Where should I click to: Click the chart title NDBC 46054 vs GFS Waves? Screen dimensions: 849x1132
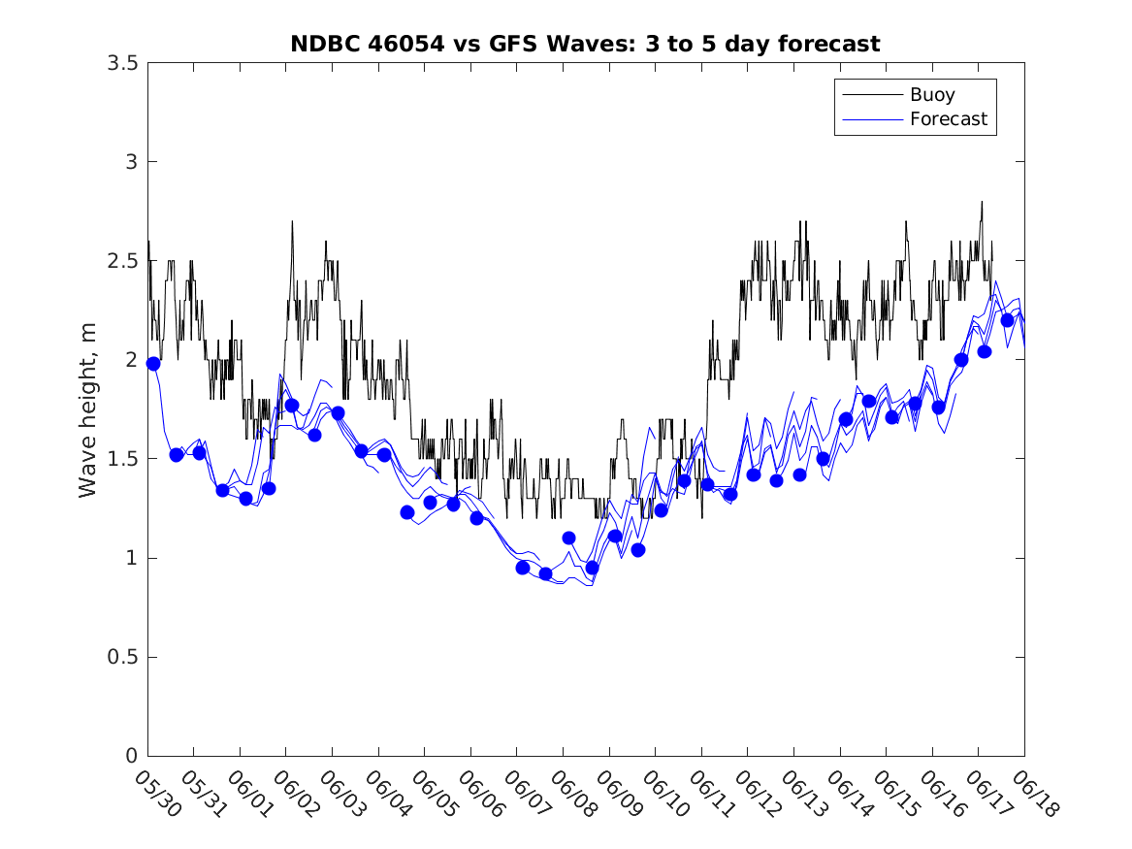(585, 44)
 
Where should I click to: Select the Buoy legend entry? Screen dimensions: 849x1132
(931, 95)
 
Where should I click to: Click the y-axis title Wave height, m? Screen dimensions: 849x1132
(88, 412)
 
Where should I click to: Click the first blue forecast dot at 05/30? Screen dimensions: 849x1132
(152, 363)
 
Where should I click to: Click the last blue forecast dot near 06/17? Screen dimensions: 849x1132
(1007, 320)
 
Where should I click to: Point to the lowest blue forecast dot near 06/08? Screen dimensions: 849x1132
(545, 573)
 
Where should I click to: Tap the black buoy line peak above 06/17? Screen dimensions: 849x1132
(982, 203)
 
